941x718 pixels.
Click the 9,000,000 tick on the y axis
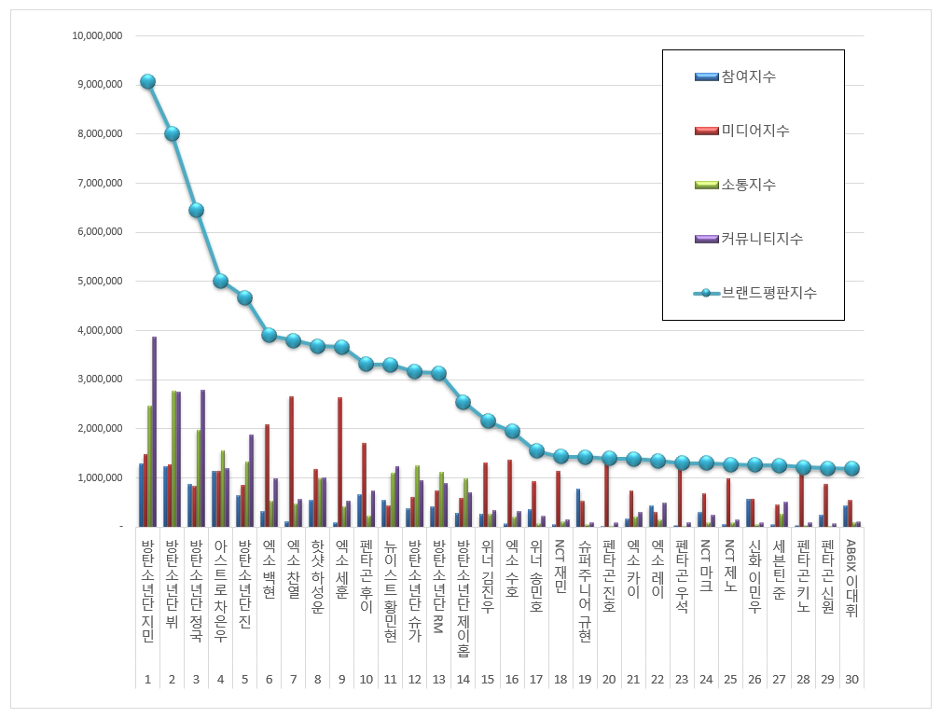click(x=100, y=85)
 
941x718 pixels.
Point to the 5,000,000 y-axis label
click(x=100, y=281)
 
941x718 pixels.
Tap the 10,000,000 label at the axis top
click(x=97, y=35)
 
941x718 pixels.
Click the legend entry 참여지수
click(x=735, y=76)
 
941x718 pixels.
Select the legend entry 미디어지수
click(x=741, y=131)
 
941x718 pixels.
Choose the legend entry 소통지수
click(x=735, y=184)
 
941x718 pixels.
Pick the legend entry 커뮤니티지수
click(x=748, y=238)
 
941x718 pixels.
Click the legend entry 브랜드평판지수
click(x=755, y=293)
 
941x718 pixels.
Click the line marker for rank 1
click(x=147, y=81)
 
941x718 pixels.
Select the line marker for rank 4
click(x=220, y=281)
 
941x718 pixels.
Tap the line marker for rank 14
click(x=463, y=402)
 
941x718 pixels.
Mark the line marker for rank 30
click(x=851, y=468)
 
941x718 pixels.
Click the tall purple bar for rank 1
click(x=154, y=432)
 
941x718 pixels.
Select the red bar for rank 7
click(x=291, y=462)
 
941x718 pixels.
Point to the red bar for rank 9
click(x=339, y=462)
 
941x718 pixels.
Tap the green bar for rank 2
click(x=174, y=459)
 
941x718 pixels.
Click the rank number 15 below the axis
click(x=488, y=680)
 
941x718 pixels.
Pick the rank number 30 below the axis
click(x=851, y=680)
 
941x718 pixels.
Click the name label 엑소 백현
click(x=269, y=569)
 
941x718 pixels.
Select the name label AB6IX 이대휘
click(x=851, y=578)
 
